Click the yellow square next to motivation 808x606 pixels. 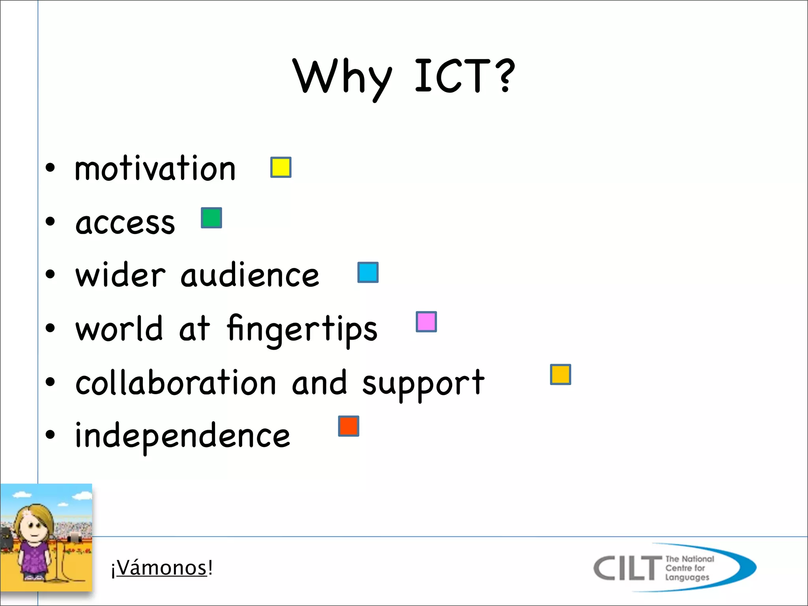(x=281, y=167)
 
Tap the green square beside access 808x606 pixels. (x=211, y=218)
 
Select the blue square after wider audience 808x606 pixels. (x=368, y=272)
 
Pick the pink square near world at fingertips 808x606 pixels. (x=426, y=322)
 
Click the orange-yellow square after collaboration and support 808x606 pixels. (x=560, y=374)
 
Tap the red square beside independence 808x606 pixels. (x=348, y=426)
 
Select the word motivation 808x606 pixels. (x=155, y=168)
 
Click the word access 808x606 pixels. (x=125, y=223)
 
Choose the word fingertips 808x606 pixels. (x=302, y=329)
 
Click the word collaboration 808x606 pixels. (x=176, y=383)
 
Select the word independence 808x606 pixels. (x=182, y=436)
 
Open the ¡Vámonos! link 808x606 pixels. (x=162, y=568)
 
